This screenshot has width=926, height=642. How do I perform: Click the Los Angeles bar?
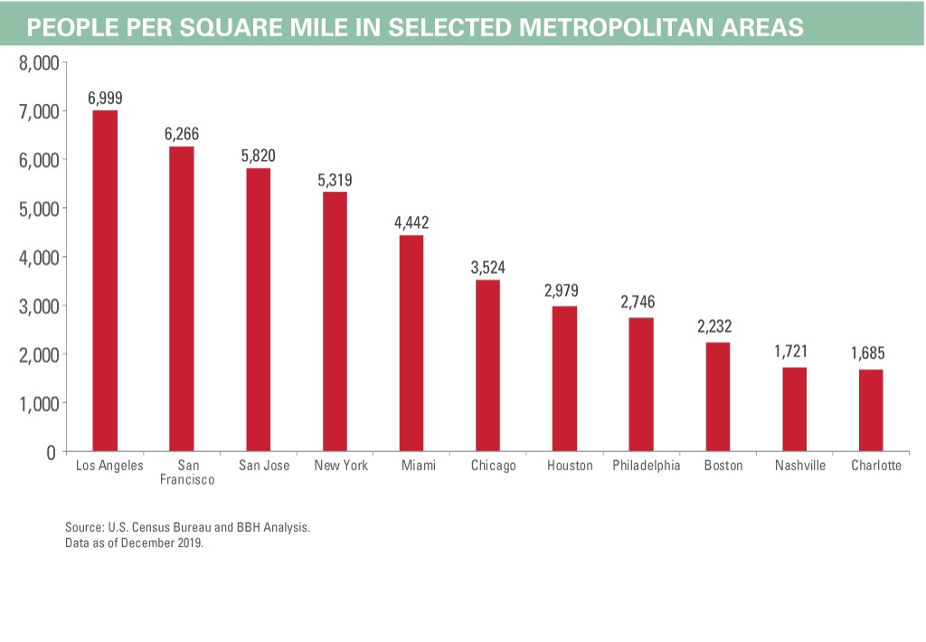click(105, 280)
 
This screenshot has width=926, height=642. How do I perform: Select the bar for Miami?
click(411, 343)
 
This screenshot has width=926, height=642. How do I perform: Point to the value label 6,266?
click(182, 134)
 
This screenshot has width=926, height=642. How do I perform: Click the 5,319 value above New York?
click(335, 180)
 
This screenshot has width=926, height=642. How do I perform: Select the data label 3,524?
click(487, 268)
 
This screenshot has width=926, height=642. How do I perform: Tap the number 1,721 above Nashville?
click(793, 352)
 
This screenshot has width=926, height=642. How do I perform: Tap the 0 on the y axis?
click(52, 452)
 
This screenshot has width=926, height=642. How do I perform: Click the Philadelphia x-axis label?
click(646, 466)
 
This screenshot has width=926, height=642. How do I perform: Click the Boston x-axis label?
click(723, 466)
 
